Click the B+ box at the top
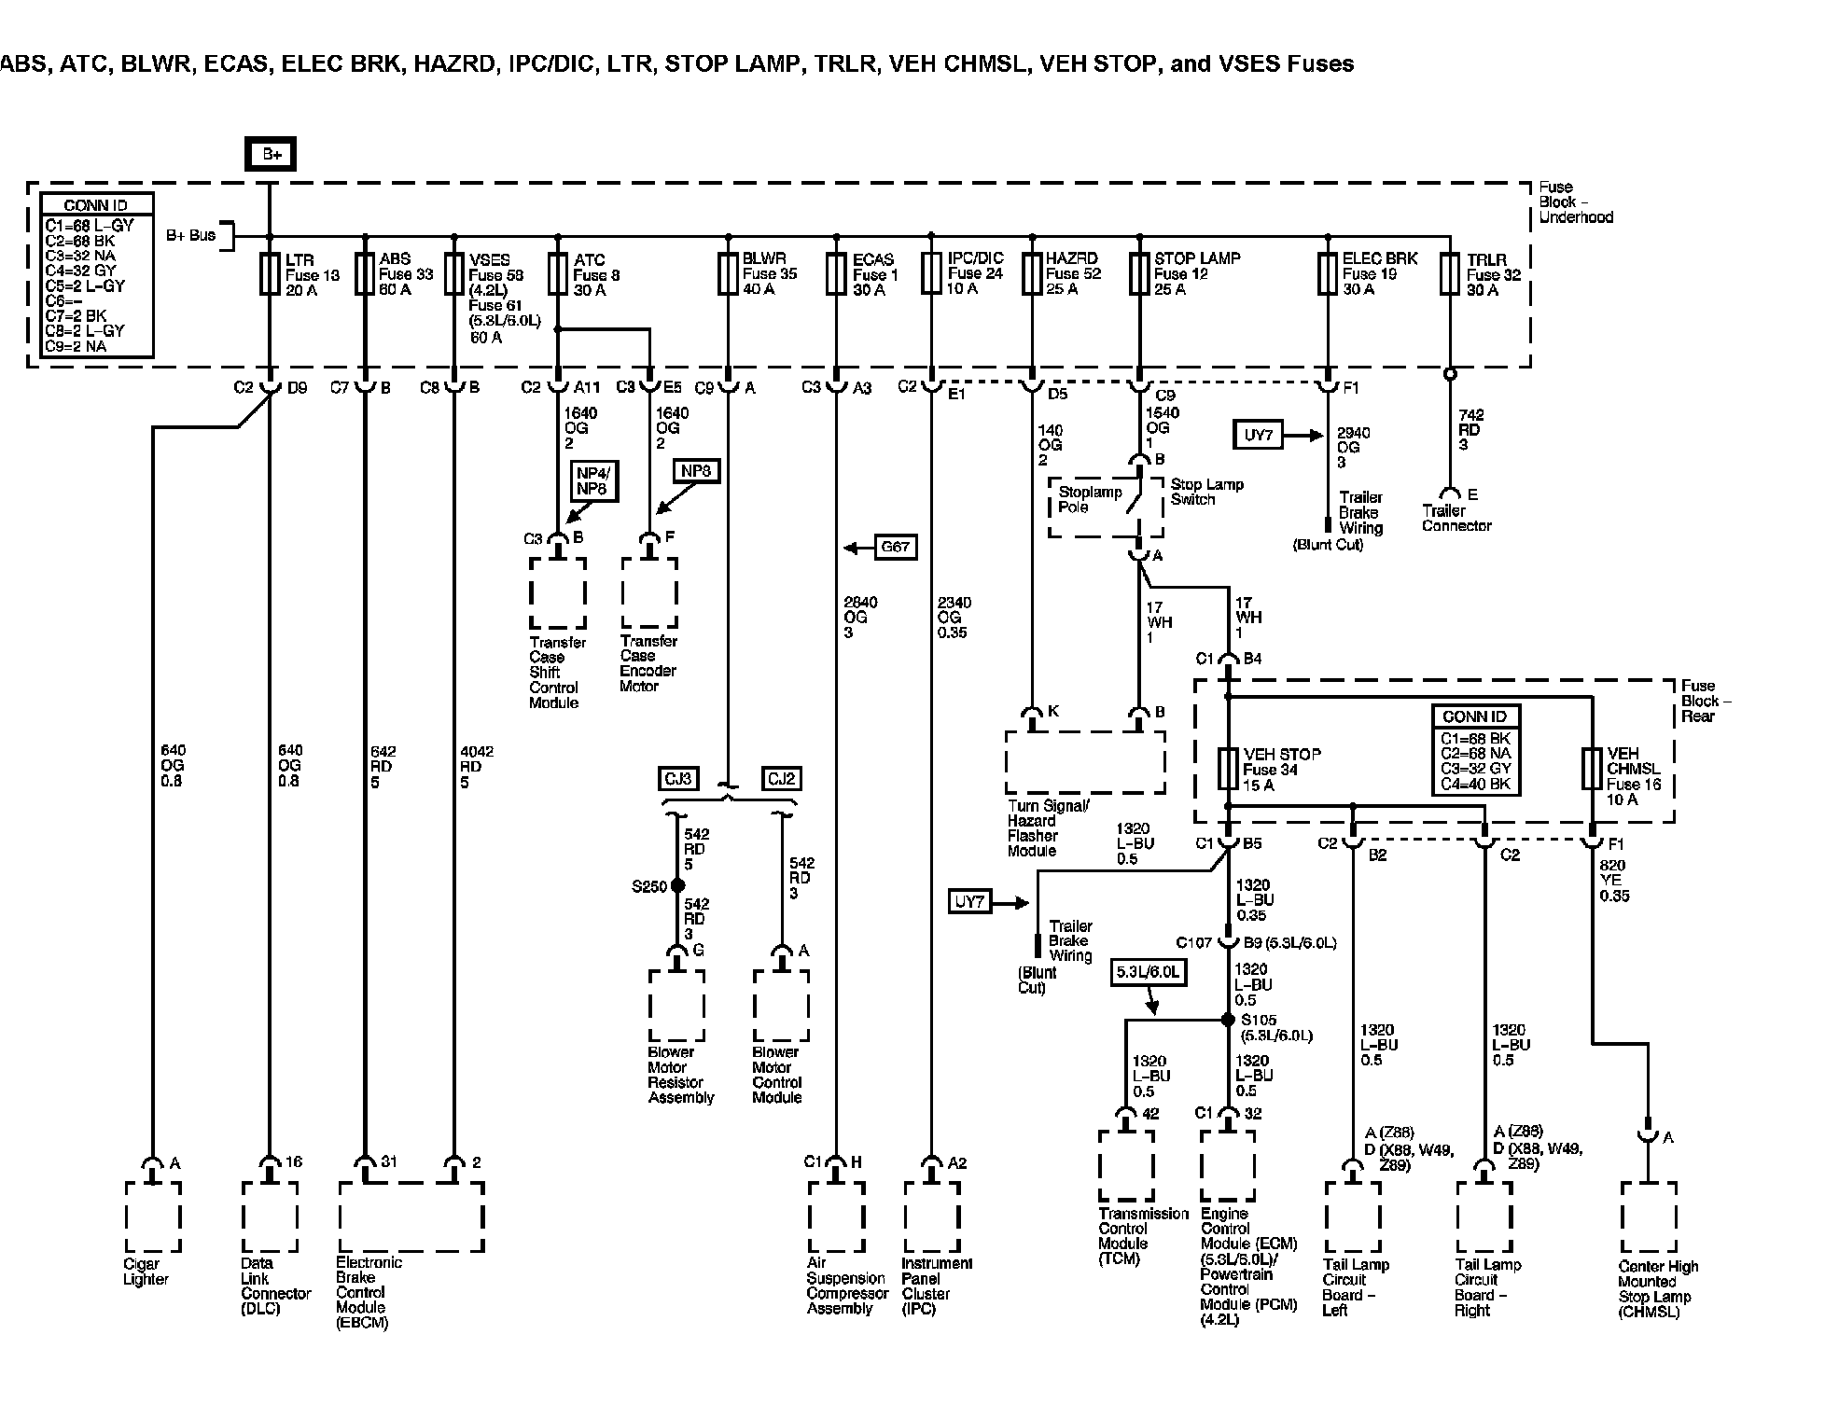click(x=272, y=154)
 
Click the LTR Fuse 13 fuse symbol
click(x=270, y=274)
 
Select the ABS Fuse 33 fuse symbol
click(x=364, y=274)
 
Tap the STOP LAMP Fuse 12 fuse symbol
click(x=1138, y=273)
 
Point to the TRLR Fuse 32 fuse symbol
click(x=1449, y=273)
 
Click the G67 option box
click(x=895, y=547)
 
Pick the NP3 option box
click(x=695, y=471)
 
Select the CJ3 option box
click(x=678, y=778)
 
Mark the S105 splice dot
click(x=1229, y=1020)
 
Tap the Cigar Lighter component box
click(x=153, y=1217)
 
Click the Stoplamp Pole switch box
click(x=1106, y=507)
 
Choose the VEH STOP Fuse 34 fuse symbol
click(x=1229, y=769)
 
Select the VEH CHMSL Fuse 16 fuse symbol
click(x=1593, y=769)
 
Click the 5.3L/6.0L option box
click(x=1149, y=973)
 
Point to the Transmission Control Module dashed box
click(x=1126, y=1166)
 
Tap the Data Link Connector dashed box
click(x=271, y=1217)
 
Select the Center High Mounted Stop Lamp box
click(x=1649, y=1217)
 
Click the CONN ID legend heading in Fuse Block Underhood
click(x=96, y=205)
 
